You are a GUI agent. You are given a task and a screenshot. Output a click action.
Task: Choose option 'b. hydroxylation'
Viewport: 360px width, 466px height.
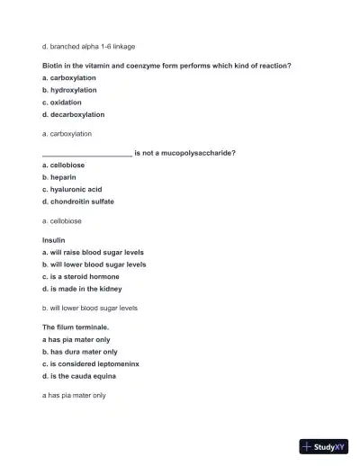pyautogui.click(x=69, y=90)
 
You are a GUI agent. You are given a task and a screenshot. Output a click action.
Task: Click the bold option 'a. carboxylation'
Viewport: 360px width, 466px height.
pyautogui.click(x=69, y=78)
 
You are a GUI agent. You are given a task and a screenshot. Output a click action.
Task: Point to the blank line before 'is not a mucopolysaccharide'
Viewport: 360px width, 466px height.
pyautogui.click(x=86, y=154)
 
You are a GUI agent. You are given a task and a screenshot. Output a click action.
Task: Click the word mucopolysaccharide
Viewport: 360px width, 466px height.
pyautogui.click(x=195, y=153)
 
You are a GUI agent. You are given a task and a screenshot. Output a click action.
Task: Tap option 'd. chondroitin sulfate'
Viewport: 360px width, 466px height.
pyautogui.click(x=78, y=202)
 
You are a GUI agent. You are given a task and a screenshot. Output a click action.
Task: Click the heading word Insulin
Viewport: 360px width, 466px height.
pyautogui.click(x=54, y=240)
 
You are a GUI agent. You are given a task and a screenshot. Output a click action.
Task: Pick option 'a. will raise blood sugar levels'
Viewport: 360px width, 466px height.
pyautogui.click(x=93, y=253)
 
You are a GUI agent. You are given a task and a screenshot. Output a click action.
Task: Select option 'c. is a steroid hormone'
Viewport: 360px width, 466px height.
pyautogui.click(x=81, y=277)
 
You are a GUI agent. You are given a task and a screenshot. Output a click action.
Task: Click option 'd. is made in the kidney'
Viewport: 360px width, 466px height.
pyautogui.click(x=82, y=289)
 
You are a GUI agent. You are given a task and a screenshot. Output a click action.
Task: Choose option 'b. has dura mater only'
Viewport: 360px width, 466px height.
pyautogui.click(x=79, y=352)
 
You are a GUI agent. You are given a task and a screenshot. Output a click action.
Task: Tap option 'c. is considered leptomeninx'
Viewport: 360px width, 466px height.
pyautogui.click(x=90, y=363)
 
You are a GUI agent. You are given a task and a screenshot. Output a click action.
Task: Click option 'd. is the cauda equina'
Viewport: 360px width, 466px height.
pyautogui.click(x=79, y=376)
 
